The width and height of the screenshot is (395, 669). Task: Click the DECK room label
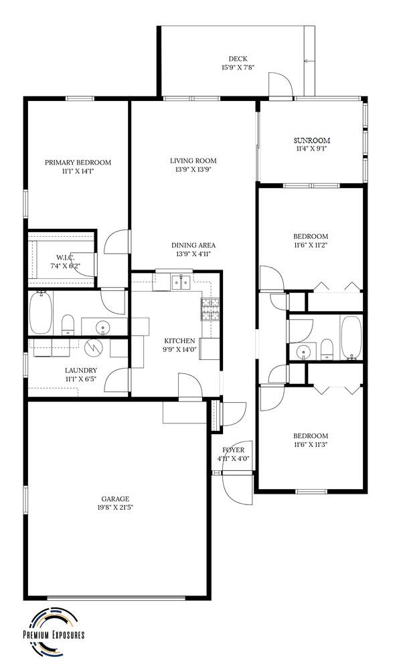point(238,59)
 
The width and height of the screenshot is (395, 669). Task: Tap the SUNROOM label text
point(312,140)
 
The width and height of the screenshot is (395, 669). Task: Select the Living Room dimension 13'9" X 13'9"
point(193,169)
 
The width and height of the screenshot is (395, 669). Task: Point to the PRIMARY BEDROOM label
point(78,163)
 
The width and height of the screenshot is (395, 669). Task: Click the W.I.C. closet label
point(66,258)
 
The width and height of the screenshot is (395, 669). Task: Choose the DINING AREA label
point(193,246)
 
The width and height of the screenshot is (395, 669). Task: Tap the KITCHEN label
point(180,341)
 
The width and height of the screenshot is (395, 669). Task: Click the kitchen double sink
point(181,282)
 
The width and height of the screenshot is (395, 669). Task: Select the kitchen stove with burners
point(210,309)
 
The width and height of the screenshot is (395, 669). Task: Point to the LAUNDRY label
point(81,371)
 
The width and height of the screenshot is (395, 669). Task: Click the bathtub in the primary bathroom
point(41,312)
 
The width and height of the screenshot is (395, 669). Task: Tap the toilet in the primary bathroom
point(68,325)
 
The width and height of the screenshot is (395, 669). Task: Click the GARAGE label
point(115,499)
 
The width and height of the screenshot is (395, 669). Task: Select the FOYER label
point(234,450)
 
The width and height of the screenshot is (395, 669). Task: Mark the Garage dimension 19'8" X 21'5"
point(115,508)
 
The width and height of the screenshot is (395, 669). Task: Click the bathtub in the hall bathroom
point(351,337)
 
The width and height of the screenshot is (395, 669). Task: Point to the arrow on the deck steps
point(309,61)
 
